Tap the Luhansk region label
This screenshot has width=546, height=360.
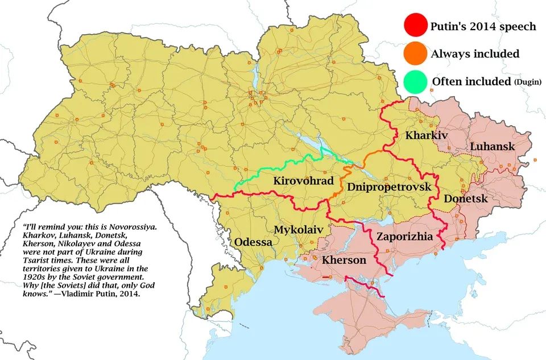click(x=492, y=147)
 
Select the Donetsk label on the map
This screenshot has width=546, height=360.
click(x=466, y=199)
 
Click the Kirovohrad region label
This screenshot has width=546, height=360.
click(x=303, y=181)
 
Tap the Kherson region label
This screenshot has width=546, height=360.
click(x=344, y=260)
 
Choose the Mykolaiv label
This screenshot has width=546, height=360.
click(x=299, y=229)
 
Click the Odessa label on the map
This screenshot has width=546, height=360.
click(x=254, y=242)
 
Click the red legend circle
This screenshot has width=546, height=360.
click(x=415, y=26)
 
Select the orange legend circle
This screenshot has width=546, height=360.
click(x=415, y=54)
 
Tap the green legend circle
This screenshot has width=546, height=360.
click(x=415, y=82)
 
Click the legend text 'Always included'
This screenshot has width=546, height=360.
click(x=475, y=54)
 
